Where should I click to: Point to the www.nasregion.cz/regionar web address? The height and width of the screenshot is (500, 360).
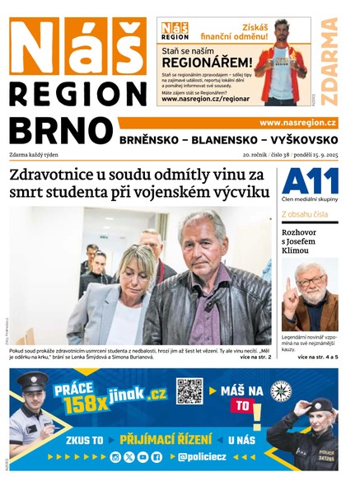click(205, 99)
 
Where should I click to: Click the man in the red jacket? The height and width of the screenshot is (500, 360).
click(281, 62)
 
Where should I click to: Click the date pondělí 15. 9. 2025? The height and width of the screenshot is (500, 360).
click(311, 155)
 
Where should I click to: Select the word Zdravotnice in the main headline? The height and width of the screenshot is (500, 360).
click(58, 175)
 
